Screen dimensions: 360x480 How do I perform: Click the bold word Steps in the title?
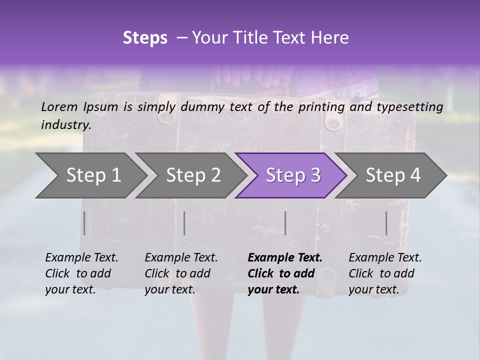(145, 38)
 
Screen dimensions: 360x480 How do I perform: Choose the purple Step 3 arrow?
(293, 175)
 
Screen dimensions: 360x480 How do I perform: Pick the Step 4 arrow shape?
(393, 175)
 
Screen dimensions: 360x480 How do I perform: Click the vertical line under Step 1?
(84, 223)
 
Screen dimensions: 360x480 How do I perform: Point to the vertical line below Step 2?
(184, 223)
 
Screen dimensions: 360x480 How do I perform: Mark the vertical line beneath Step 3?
(285, 223)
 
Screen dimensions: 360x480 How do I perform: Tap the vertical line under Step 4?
(386, 223)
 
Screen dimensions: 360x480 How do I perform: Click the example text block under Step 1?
(81, 273)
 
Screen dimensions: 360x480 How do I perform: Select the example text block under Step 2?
(181, 273)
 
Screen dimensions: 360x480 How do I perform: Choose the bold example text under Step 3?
(285, 273)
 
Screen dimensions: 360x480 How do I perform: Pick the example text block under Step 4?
(385, 273)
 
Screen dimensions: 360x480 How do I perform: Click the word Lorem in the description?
(59, 106)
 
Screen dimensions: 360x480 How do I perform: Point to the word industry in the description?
(66, 124)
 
